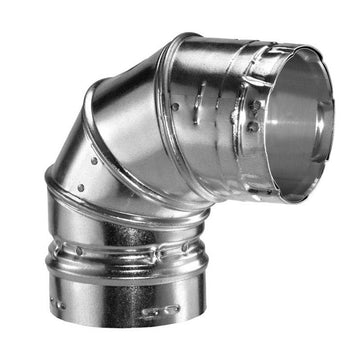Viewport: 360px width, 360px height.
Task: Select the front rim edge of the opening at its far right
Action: coord(346,110)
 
